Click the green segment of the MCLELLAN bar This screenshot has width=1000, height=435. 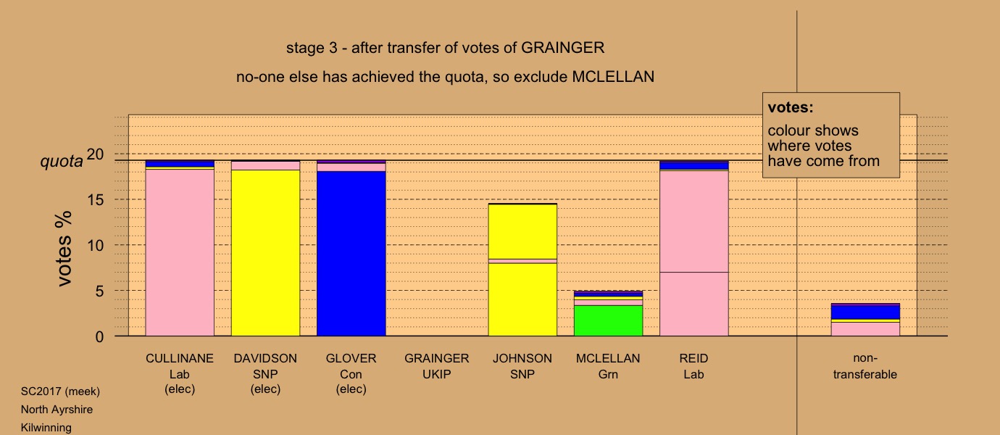pos(608,320)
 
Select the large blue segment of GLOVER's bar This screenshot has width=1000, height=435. pos(351,254)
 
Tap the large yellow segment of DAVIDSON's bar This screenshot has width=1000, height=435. pos(265,253)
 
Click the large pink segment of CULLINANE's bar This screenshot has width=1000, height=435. pos(180,252)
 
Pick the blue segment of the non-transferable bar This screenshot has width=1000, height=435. pos(865,312)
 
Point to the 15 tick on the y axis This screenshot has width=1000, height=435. pos(95,199)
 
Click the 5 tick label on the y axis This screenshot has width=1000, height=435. pos(99,291)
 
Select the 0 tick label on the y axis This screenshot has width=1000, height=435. pos(99,336)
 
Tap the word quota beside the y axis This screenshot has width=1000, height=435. pos(62,161)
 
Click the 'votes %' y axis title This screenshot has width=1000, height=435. pos(64,249)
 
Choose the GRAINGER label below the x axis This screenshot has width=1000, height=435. pos(437,359)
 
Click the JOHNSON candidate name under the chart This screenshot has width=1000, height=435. pos(522,359)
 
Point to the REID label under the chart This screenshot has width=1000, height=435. pos(693,359)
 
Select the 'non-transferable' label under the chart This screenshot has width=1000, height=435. pos(865,366)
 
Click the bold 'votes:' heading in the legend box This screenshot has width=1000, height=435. pos(791,107)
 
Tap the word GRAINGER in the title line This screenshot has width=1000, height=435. pos(562,48)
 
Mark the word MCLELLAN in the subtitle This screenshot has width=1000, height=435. pos(613,77)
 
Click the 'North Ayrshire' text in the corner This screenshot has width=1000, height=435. pos(57,410)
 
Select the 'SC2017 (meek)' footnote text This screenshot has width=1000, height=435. pos(60,391)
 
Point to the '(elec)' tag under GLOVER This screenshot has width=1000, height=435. pos(351,389)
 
